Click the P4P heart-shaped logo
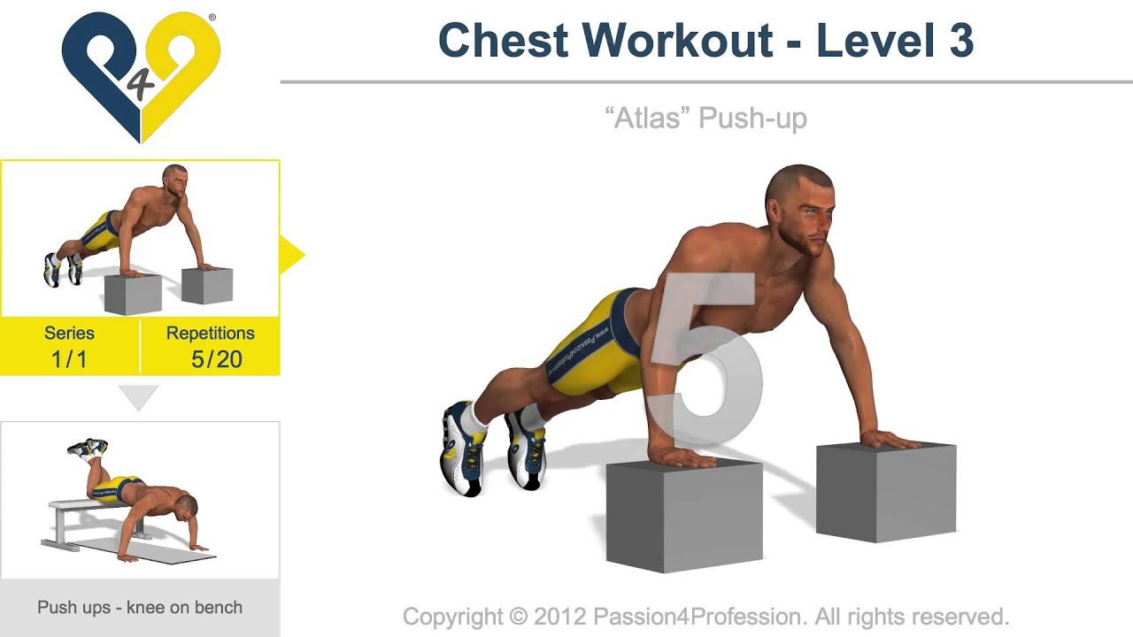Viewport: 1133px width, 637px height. (x=141, y=75)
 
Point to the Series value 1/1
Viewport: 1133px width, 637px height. (x=69, y=359)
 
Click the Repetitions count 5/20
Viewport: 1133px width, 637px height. (x=216, y=359)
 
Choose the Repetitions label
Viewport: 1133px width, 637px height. (x=210, y=334)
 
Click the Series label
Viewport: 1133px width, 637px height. (x=69, y=334)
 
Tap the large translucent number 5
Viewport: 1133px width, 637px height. (x=708, y=363)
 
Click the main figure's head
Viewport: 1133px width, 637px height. (x=798, y=208)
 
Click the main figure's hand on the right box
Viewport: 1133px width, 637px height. (x=890, y=439)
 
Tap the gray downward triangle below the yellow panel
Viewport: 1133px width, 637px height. (x=139, y=397)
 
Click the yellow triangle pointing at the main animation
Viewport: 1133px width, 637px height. (x=290, y=255)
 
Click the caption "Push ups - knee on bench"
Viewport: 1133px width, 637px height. (x=140, y=608)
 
